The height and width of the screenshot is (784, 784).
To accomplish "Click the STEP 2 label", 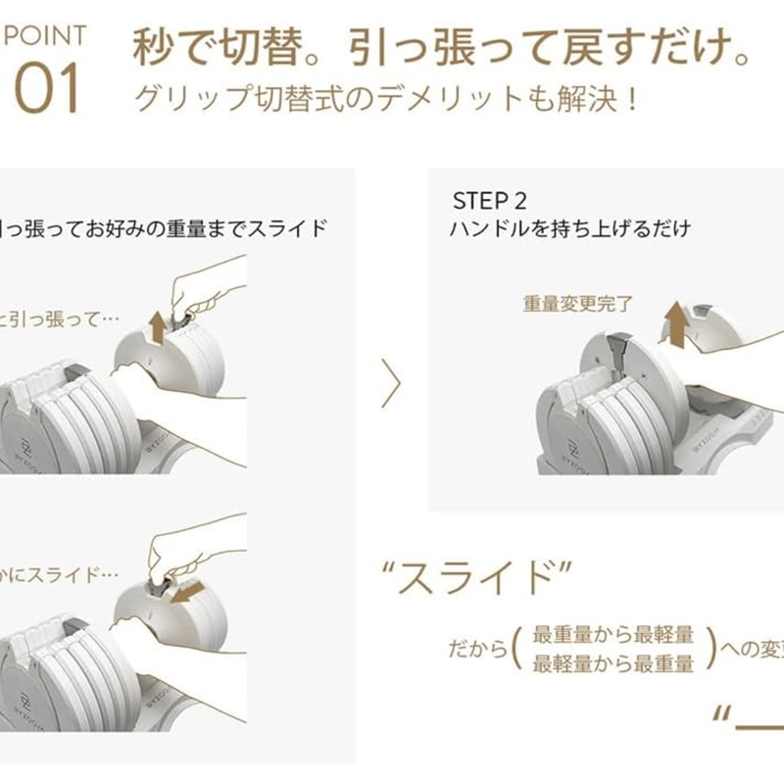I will coord(489,201).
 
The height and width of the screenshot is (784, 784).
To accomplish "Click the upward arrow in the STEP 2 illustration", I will coord(674,322).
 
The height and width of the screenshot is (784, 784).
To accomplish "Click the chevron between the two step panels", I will coord(391,384).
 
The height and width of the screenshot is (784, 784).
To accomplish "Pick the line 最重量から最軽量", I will coord(613,634).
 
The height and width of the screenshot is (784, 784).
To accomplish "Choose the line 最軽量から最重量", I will coord(613,663).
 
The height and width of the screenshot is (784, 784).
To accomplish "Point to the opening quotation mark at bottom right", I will coord(722,710).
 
